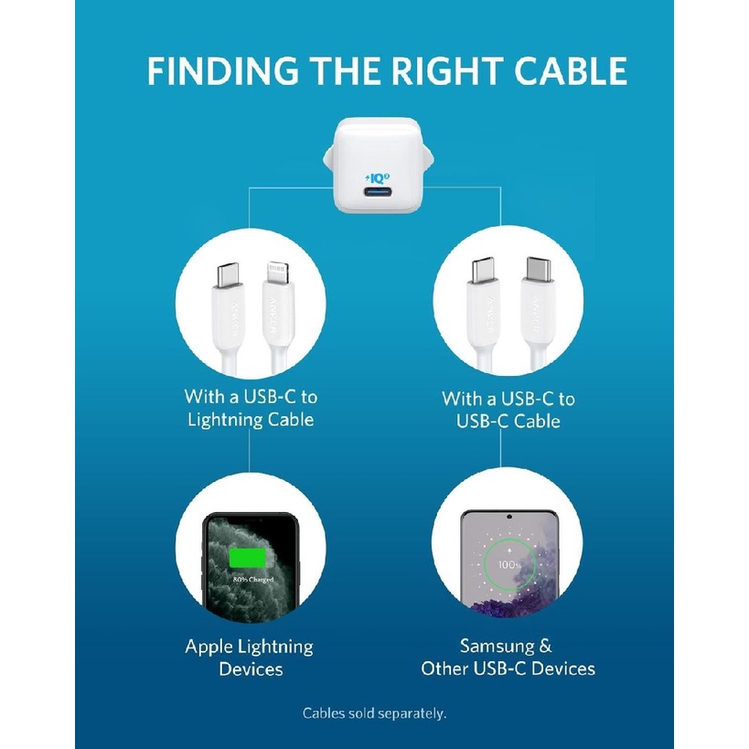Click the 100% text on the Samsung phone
pos(510,567)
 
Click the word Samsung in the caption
pos(493,647)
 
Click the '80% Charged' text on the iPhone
pos(251,580)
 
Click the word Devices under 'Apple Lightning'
pos(250,669)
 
